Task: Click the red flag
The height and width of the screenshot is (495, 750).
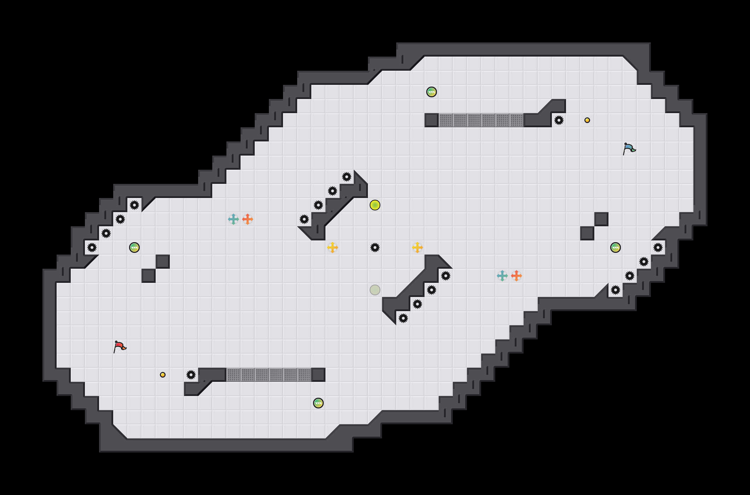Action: pos(120,346)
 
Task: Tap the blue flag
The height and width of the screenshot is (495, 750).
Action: pos(629,148)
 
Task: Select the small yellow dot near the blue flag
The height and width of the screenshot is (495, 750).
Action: pos(587,120)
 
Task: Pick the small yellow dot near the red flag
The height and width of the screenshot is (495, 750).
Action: pos(163,375)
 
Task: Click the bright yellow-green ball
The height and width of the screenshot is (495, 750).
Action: pos(375,205)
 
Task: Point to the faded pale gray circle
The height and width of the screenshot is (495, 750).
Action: pos(375,290)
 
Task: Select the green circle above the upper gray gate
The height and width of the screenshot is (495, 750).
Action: pos(432,92)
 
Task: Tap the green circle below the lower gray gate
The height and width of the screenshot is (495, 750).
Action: pos(318,403)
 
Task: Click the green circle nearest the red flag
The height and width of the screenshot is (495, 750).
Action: pos(134,248)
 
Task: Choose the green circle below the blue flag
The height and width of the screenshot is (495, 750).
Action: pos(616,248)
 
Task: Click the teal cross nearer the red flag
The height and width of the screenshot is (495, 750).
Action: pos(233,219)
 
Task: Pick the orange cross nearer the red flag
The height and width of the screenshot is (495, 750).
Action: pos(248,219)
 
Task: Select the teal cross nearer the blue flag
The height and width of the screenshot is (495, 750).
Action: pos(502,276)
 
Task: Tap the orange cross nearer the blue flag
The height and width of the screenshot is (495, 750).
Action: pos(517,276)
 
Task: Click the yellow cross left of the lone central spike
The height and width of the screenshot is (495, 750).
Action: pos(333,248)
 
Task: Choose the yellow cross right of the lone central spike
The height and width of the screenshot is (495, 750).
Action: pos(417,248)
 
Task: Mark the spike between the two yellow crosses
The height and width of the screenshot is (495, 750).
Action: pos(375,248)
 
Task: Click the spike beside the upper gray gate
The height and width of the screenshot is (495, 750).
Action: pos(559,120)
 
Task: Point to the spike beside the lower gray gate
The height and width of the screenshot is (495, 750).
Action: pos(191,375)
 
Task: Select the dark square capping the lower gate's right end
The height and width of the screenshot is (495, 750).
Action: pos(318,375)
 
